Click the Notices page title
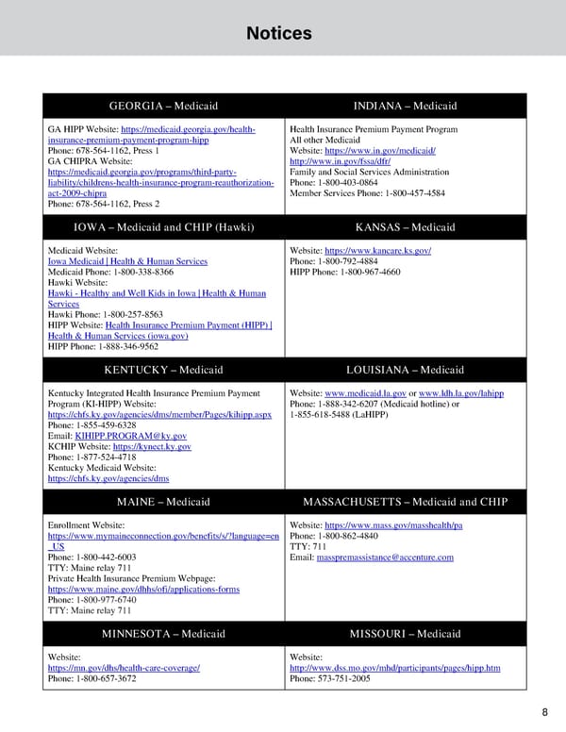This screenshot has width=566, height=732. point(278,34)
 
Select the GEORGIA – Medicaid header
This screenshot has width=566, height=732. point(163,106)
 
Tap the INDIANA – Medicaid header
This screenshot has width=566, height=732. point(405,106)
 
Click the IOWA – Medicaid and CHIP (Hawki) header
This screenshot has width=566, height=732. point(163,227)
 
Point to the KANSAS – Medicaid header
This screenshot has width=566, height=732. point(405,227)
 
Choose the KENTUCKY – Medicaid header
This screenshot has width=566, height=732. point(163,370)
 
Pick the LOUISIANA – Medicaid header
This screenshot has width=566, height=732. point(405,370)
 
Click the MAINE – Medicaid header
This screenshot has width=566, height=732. point(163,501)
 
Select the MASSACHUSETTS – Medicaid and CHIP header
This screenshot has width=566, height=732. point(405,501)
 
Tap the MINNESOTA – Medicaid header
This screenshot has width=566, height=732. point(163,633)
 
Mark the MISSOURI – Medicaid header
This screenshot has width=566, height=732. point(405,633)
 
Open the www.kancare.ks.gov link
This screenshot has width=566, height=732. point(377,250)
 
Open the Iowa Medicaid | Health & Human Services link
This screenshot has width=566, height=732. point(127,261)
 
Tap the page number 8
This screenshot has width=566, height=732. point(545,712)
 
